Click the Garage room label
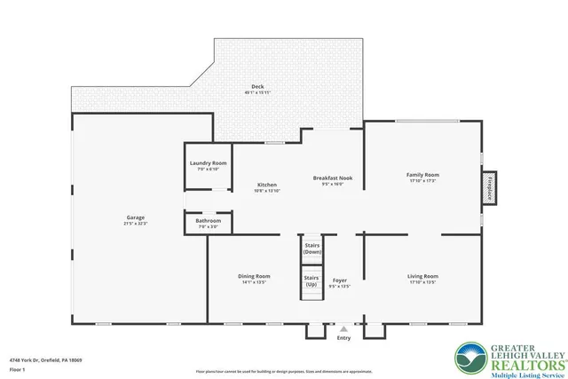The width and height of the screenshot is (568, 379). (136, 217)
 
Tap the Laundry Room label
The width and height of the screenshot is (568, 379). (209, 163)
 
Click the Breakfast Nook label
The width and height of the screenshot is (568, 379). (333, 178)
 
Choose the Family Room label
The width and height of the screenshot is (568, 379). (422, 175)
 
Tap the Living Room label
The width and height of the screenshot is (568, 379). (422, 276)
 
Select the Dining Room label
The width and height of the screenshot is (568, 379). (254, 276)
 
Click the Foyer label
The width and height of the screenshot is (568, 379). (340, 280)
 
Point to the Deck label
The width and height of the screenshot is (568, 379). (257, 87)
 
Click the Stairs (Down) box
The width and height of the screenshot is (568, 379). (312, 248)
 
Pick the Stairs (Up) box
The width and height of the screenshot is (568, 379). (312, 281)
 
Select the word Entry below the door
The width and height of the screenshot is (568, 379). (344, 337)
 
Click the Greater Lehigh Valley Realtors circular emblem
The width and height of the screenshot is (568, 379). (470, 359)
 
